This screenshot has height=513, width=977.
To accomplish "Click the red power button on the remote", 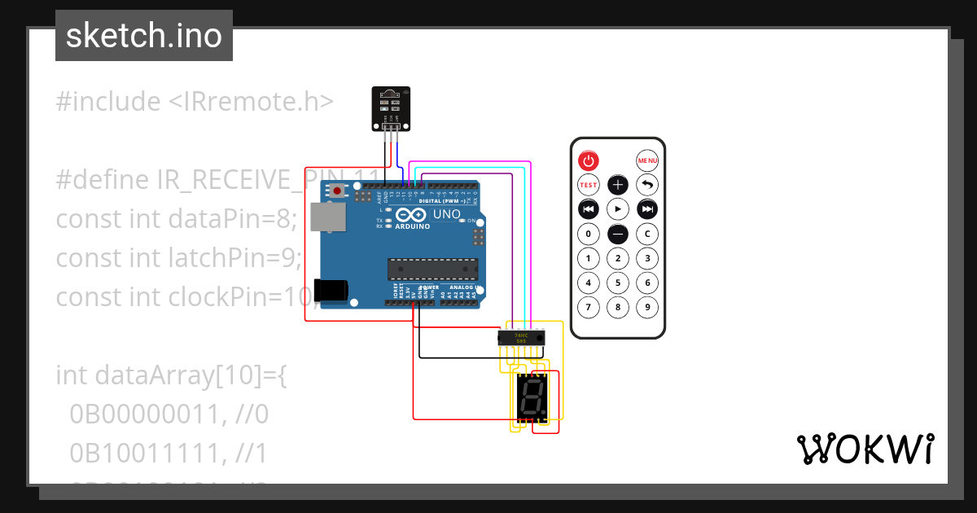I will click(x=588, y=160).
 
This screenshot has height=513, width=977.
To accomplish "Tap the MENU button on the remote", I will click(x=647, y=160).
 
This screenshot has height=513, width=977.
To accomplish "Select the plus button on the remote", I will click(x=618, y=185).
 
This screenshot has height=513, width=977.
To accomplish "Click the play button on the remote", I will click(x=618, y=209).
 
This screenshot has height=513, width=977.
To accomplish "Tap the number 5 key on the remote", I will click(x=618, y=283).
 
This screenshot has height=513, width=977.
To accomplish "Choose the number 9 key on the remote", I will click(x=647, y=308).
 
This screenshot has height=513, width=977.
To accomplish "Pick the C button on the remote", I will click(x=647, y=235).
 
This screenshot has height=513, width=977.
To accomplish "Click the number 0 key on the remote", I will click(x=588, y=235).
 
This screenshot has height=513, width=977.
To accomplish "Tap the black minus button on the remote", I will click(x=618, y=235).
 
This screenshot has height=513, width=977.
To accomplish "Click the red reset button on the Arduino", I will click(x=337, y=191).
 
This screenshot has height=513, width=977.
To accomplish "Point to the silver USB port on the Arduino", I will click(x=329, y=217).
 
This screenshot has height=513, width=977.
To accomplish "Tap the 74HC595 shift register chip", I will click(x=521, y=337).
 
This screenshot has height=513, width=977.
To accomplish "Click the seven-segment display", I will click(x=532, y=398).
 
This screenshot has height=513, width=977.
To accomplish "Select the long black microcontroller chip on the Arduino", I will click(x=432, y=268).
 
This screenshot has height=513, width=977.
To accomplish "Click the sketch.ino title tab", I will click(x=144, y=36).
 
